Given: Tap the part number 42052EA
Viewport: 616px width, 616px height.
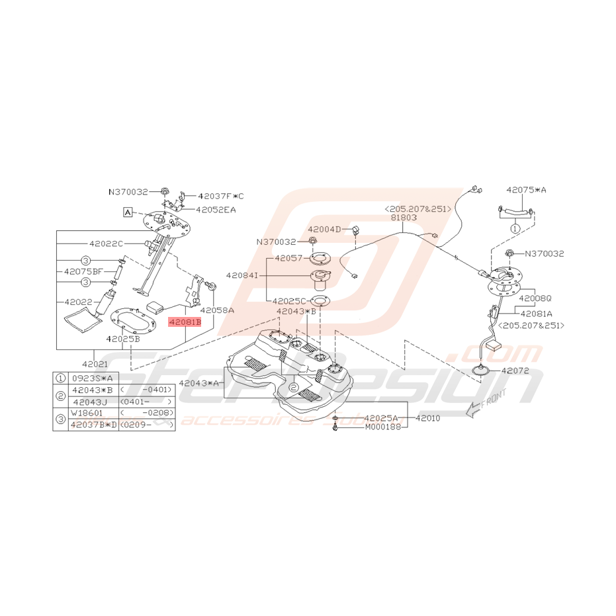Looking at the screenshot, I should click(216, 210).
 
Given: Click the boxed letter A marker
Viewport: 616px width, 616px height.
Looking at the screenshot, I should click(126, 212).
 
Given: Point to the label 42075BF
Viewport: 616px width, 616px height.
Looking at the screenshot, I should click(83, 271).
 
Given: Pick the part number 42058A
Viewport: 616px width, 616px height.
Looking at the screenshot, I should click(217, 309).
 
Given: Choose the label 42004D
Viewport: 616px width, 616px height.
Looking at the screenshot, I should click(324, 229).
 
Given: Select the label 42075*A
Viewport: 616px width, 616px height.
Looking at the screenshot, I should click(527, 190).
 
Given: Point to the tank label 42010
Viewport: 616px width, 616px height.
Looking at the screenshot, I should click(427, 418).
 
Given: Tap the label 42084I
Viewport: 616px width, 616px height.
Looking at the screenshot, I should click(242, 274).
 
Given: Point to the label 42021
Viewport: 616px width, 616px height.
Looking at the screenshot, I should click(95, 364).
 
